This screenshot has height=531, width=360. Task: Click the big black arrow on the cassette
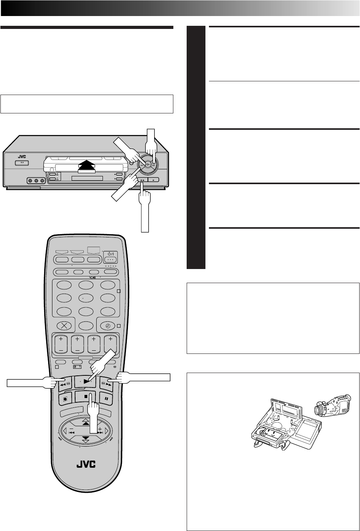click(x=87, y=165)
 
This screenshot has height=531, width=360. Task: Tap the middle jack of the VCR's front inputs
click(x=37, y=181)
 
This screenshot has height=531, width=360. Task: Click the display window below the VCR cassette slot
click(x=87, y=179)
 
